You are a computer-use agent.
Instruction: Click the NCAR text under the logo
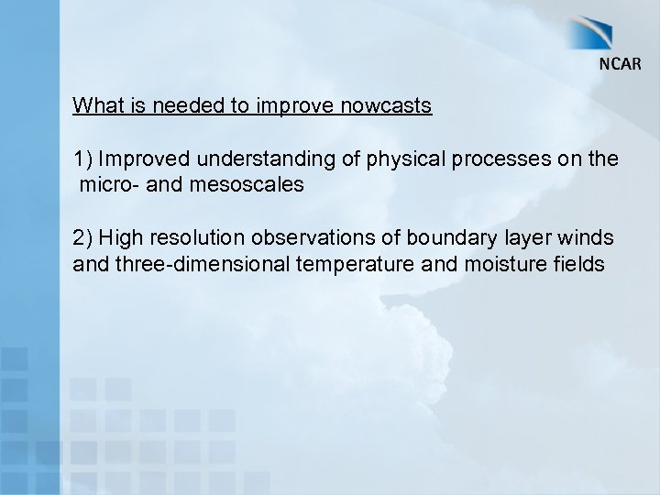[621, 63]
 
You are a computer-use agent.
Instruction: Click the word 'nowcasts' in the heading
[386, 105]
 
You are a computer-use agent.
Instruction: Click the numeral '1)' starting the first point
[83, 159]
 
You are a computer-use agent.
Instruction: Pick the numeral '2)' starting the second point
[83, 238]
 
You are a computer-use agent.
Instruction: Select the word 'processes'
[496, 159]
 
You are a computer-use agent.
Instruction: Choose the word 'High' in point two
[119, 238]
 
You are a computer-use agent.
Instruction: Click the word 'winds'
[589, 238]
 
